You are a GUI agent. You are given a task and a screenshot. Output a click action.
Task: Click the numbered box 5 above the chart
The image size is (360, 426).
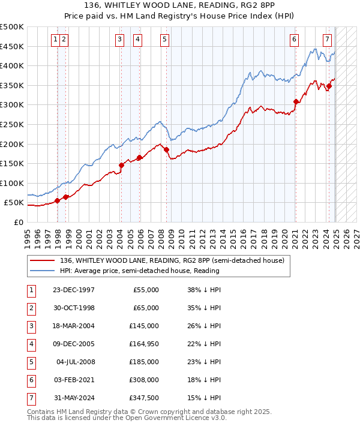pyautogui.click(x=164, y=40)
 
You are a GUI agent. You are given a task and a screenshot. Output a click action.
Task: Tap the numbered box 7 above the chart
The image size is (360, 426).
pyautogui.click(x=327, y=40)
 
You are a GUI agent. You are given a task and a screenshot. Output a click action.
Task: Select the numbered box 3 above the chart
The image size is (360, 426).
pyautogui.click(x=120, y=40)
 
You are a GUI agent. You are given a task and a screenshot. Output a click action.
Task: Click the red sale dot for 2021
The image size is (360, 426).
pyautogui.click(x=296, y=101)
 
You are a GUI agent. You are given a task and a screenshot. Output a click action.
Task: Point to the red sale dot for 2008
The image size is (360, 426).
pyautogui.click(x=167, y=150)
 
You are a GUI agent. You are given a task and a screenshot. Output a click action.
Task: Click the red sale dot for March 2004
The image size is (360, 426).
pyautogui.click(x=121, y=165)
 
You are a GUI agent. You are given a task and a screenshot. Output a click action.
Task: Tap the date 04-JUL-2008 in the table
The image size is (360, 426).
pyautogui.click(x=76, y=362)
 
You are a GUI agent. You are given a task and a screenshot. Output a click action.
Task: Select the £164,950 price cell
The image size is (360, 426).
pyautogui.click(x=145, y=344)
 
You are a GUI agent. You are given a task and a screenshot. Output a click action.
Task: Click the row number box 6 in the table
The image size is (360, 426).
pyautogui.click(x=30, y=380)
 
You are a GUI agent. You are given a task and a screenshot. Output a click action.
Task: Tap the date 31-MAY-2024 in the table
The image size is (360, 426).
pyautogui.click(x=74, y=398)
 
